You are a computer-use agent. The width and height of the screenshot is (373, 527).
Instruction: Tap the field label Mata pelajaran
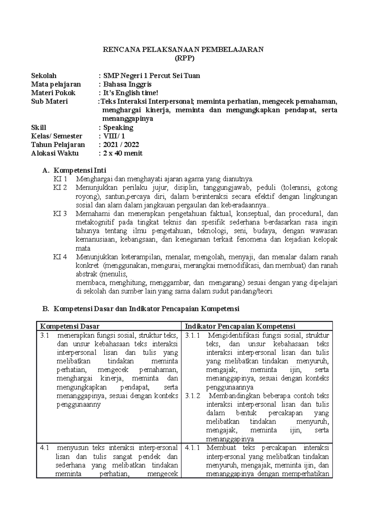tap(56, 84)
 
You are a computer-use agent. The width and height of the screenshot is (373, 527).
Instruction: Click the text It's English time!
tap(131, 93)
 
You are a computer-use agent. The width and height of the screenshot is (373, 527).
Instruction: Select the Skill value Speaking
tap(118, 128)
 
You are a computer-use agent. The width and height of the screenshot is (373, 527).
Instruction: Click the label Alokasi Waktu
tap(55, 153)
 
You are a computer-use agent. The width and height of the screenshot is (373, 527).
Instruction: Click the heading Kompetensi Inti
tap(80, 170)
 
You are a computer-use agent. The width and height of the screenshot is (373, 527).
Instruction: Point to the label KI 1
tap(60, 179)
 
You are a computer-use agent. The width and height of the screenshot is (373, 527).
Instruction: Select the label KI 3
tap(60, 214)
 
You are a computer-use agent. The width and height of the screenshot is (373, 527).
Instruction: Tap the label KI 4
tap(60, 257)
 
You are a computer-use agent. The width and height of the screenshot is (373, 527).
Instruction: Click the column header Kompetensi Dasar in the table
tap(70, 326)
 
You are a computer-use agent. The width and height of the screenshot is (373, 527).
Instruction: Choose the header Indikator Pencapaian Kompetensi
tap(240, 326)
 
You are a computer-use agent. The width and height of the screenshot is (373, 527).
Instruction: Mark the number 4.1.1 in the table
tap(193, 448)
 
